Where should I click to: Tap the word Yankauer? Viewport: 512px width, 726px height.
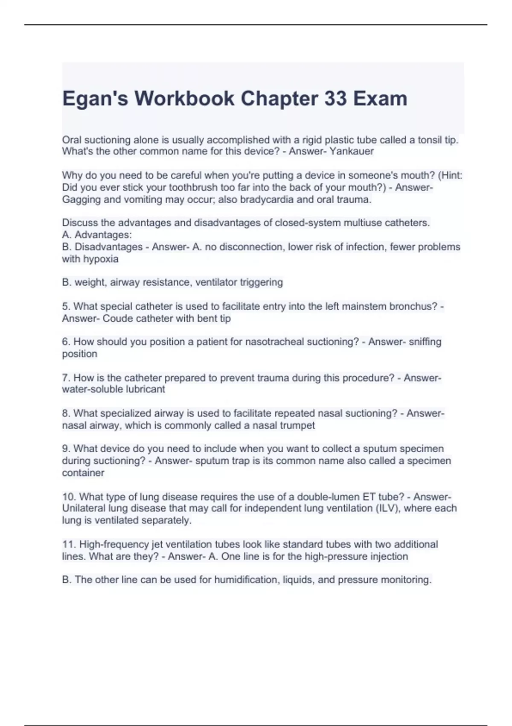pos(352,151)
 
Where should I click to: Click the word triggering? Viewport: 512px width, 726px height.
pos(261,282)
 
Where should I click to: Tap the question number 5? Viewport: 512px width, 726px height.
pos(66,306)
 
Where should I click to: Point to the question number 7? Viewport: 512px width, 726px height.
pos(66,378)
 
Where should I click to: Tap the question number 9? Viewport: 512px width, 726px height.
pos(66,449)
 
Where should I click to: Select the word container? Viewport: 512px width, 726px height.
pos(83,473)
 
